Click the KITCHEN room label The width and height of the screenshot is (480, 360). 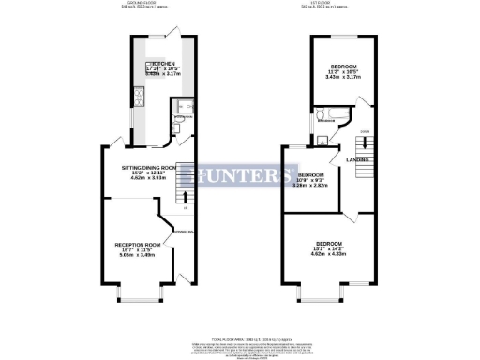(161, 64)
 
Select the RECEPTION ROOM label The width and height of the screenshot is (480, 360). (132, 244)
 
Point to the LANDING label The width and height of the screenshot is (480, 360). (357, 160)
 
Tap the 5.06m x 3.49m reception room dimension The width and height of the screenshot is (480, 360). (132, 255)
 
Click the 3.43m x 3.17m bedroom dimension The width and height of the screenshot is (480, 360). (342, 77)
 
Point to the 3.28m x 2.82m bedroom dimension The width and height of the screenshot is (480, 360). (311, 187)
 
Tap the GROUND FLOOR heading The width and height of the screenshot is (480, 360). (143, 3)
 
